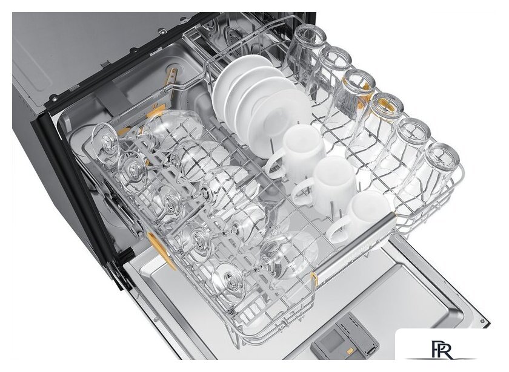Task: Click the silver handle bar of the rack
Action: click(x=356, y=246)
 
